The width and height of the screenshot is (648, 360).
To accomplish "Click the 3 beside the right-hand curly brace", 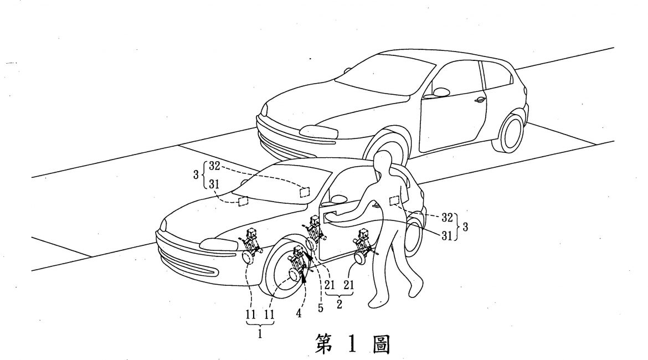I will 465,227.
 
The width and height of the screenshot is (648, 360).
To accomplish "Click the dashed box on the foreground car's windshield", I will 304,192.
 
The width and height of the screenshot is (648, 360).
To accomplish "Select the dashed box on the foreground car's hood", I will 243,201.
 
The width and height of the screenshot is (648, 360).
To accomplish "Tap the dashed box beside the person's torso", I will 395,201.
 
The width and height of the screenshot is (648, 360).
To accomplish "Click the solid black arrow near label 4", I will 305,275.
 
